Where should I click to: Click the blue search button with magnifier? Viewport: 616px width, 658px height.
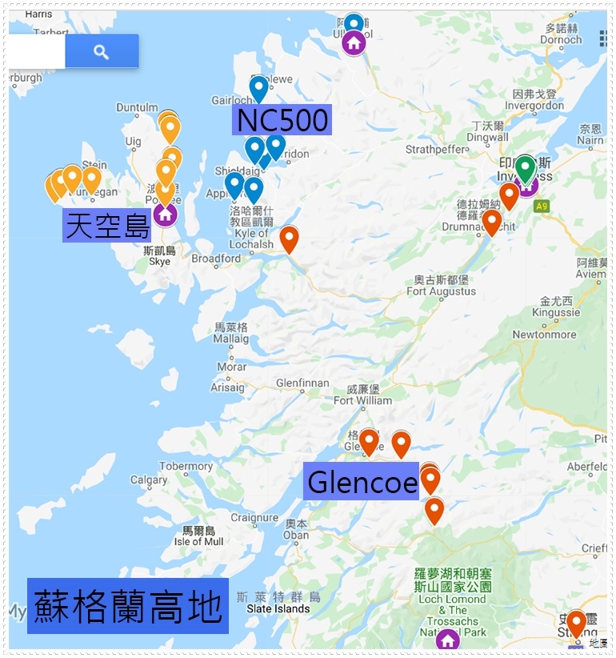102,51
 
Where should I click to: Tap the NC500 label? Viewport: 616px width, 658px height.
281,121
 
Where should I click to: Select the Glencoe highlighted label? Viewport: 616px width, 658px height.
361,482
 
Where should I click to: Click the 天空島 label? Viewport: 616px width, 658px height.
107,227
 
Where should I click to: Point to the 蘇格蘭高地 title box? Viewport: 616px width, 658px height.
127,606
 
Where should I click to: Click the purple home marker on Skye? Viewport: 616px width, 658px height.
165,214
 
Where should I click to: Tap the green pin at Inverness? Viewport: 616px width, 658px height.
525,168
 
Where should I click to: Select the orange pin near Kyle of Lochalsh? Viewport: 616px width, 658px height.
289,239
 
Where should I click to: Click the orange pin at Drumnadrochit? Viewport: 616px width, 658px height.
491,221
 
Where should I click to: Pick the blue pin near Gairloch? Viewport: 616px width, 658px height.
258,87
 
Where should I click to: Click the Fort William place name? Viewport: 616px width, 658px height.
362,400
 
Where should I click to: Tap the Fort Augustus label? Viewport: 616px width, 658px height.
441,291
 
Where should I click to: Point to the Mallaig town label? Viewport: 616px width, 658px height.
231,339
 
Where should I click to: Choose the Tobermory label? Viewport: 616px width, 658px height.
186,466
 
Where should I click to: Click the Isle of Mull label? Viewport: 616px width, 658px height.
199,541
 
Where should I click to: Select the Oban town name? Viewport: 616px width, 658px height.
295,535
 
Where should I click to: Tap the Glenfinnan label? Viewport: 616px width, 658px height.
302,383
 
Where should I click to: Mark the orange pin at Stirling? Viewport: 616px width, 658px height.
576,624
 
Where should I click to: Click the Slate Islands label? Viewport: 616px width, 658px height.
273,608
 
